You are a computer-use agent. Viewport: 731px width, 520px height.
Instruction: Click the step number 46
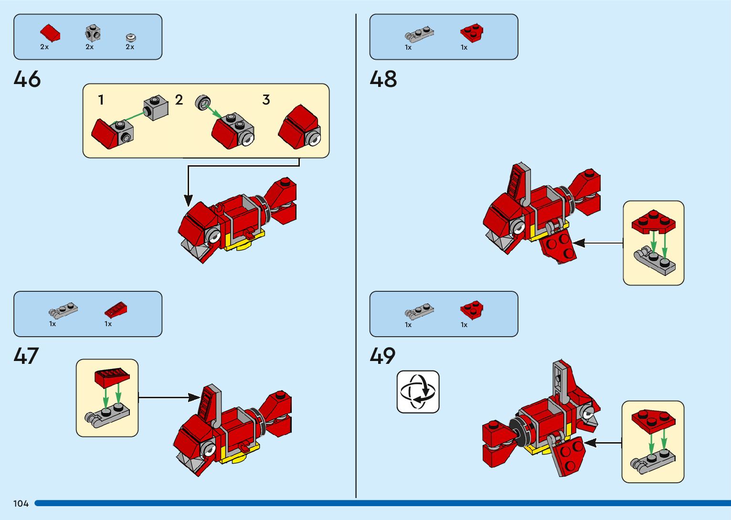point(27,79)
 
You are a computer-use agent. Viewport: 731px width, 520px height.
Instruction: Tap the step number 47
point(26,356)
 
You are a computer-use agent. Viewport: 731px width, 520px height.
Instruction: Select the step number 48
point(383,79)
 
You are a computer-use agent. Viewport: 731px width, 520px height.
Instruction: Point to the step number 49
point(382,356)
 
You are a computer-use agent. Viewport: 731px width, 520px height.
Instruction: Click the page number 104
point(21,504)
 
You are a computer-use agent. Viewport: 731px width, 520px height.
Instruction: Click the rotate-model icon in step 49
point(418,392)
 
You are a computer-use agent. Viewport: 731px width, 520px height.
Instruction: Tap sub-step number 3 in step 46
point(266,100)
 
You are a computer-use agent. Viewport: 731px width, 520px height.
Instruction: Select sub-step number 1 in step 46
point(101,100)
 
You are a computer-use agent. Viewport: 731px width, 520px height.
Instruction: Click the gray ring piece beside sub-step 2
point(203,103)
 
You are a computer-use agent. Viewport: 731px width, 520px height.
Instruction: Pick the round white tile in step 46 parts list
point(131,37)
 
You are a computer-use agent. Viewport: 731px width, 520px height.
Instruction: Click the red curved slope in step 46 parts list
point(50,33)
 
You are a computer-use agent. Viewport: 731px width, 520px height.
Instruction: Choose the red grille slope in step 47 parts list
point(116,310)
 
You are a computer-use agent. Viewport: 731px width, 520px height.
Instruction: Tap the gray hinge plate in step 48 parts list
point(419,34)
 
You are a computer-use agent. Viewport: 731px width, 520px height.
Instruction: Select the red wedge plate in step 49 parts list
point(472,310)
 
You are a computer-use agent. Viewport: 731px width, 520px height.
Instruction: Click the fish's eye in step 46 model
point(213,235)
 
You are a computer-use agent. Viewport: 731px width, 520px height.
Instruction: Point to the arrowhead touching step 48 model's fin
point(579,243)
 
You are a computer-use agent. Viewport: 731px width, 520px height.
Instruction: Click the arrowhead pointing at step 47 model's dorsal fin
point(195,397)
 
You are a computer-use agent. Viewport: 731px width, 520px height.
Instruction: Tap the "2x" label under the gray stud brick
point(90,47)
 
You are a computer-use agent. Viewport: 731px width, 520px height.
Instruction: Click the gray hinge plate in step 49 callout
point(653,461)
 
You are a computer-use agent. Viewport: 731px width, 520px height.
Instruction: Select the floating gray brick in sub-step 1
point(156,108)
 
